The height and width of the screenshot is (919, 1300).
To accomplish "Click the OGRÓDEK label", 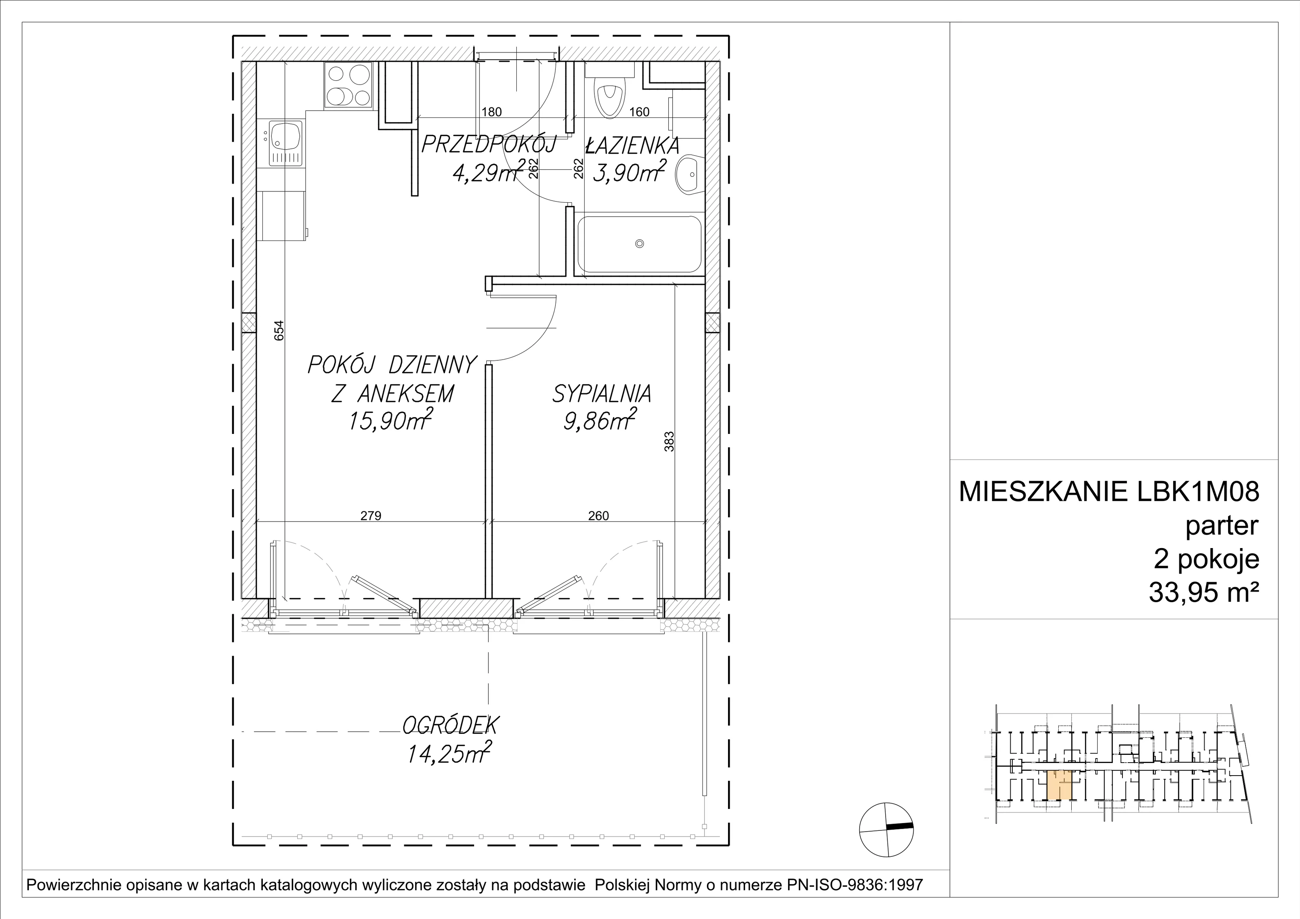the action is pyautogui.click(x=451, y=725).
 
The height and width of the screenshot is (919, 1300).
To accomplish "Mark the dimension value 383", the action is pyautogui.click(x=669, y=442).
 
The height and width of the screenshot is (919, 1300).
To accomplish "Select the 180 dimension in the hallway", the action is pyautogui.click(x=492, y=112).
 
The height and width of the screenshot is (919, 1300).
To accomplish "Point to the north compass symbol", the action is pyautogui.click(x=886, y=830).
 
